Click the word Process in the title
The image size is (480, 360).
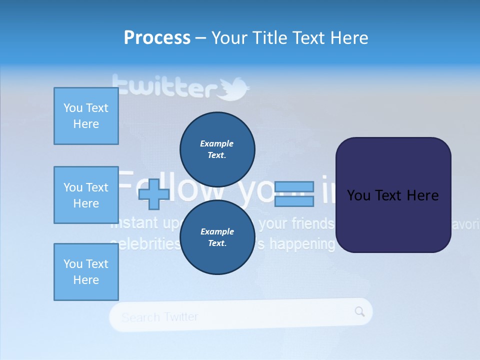(x=157, y=37)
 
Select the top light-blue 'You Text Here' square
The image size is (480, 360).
(x=86, y=116)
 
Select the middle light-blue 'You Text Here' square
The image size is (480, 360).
(x=86, y=195)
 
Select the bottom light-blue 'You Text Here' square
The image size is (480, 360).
(x=86, y=272)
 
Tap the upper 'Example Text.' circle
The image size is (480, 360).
(x=217, y=149)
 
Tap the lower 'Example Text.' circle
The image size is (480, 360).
(x=217, y=237)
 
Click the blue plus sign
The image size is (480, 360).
(x=153, y=194)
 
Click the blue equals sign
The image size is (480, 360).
(x=294, y=194)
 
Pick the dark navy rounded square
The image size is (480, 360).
(x=393, y=195)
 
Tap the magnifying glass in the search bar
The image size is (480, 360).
(x=360, y=311)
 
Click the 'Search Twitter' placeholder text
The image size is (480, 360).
(x=160, y=317)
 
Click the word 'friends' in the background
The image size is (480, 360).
(x=310, y=223)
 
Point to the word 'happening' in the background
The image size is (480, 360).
(x=302, y=244)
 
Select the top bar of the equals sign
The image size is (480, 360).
(x=294, y=187)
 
